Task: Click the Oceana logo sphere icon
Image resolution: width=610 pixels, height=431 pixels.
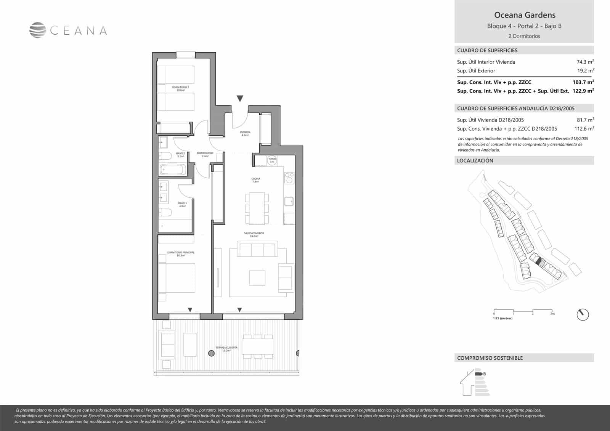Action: [37, 30]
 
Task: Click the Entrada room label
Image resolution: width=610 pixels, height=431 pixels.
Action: [245, 133]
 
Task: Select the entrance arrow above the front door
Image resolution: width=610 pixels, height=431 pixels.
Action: [240, 99]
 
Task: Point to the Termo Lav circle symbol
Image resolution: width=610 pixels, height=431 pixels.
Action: [272, 160]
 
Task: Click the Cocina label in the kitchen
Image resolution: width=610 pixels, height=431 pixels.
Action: [255, 180]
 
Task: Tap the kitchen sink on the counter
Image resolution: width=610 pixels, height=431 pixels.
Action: [289, 201]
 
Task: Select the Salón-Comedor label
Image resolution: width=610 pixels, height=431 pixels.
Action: [254, 234]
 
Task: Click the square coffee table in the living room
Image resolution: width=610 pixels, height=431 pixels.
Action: [257, 277]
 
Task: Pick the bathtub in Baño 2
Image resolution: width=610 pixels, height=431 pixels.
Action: [173, 169]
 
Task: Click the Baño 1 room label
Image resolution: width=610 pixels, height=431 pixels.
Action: [182, 204]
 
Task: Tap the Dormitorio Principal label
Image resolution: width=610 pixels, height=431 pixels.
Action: [181, 254]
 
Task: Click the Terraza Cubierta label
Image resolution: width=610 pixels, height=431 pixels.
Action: [226, 349]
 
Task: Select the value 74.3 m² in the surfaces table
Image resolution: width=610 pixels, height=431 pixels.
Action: [585, 62]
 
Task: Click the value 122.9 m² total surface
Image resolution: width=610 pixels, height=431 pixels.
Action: [583, 91]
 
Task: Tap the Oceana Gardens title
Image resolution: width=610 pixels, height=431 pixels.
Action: [525, 15]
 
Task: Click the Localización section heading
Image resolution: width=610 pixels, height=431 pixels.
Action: [475, 160]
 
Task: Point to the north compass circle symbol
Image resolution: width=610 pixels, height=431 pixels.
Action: [583, 314]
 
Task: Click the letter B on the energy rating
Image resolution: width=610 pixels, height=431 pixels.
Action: [484, 374]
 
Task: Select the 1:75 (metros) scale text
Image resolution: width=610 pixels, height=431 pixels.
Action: [502, 318]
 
